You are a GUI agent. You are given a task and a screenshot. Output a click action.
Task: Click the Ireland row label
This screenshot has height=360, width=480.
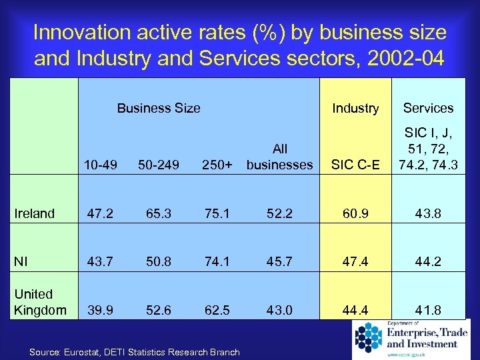[x=35, y=213]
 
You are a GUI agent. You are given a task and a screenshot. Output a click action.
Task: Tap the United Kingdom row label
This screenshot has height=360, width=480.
[x=40, y=302]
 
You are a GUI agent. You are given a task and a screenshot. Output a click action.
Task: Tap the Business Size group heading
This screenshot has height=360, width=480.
[x=159, y=108]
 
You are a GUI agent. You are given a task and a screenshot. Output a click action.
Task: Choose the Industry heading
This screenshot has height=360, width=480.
[x=355, y=108]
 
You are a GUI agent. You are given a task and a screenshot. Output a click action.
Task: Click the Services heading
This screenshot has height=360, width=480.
[x=428, y=108]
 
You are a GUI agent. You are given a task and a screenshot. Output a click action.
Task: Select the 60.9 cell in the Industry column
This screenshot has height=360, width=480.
[x=355, y=213]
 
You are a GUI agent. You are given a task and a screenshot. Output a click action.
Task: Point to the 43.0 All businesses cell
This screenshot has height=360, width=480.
[x=279, y=310]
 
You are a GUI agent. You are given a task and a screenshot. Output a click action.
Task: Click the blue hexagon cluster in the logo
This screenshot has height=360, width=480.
[x=368, y=337]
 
